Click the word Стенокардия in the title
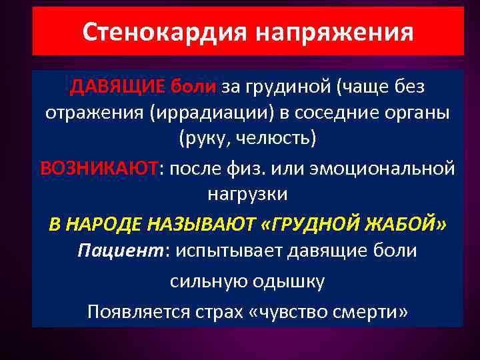click(168, 32)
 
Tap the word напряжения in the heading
click(337, 32)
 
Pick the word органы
click(417, 113)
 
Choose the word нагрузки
click(247, 194)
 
